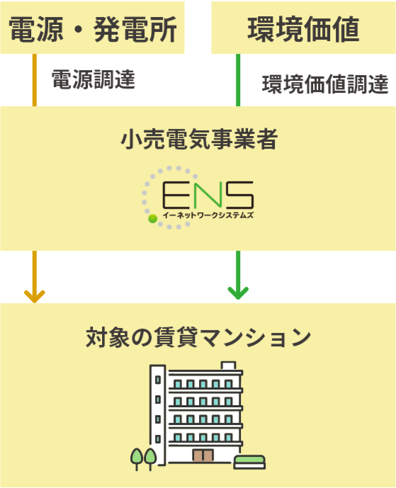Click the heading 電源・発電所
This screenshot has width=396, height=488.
[x=93, y=29]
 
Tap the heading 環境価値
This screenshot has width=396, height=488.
[x=303, y=29]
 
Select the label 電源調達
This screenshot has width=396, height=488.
[x=94, y=79]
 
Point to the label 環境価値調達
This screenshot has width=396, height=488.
[x=325, y=84]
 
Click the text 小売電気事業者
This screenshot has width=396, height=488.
[x=199, y=139]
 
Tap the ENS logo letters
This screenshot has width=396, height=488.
[x=208, y=195]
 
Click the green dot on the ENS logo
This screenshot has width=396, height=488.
[x=152, y=218]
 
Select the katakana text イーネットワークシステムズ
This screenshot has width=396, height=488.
[x=208, y=215]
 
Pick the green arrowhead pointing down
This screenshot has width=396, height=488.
[x=238, y=293]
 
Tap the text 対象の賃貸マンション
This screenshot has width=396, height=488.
[x=198, y=337]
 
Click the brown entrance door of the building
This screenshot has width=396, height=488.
[x=203, y=455]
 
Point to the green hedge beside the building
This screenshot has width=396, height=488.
[x=249, y=462]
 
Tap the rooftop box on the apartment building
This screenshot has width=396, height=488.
[x=229, y=365]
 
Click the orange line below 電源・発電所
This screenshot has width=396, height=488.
[x=35, y=80]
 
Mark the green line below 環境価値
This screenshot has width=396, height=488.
[x=238, y=80]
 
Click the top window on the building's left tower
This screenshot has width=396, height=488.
[x=158, y=380]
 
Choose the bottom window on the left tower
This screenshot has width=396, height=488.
[x=158, y=439]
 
